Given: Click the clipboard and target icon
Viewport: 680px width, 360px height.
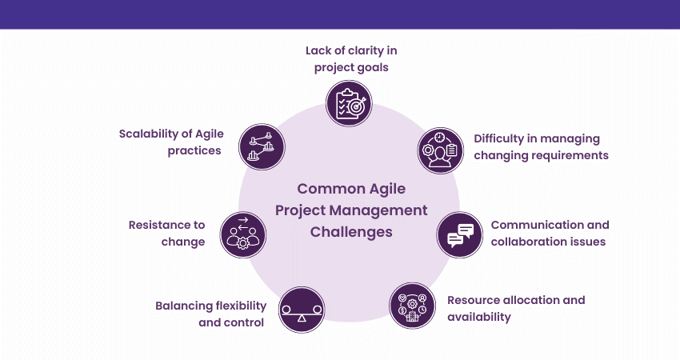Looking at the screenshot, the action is point(349,103).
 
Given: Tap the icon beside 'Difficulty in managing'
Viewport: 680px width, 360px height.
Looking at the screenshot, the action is point(441,150).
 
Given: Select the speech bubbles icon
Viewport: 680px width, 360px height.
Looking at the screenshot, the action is point(460,234).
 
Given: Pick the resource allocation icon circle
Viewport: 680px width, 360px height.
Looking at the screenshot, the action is point(413,306).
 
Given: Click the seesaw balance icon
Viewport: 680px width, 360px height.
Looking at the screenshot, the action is point(302,310).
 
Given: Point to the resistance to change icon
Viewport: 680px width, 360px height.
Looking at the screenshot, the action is point(243,234).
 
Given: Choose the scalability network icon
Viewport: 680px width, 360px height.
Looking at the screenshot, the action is point(262,146).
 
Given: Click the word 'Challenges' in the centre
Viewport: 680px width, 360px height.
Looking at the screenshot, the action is point(351,232).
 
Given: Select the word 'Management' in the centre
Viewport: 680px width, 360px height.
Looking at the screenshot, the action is point(378,210).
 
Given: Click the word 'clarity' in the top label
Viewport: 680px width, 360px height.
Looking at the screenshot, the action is point(360,51).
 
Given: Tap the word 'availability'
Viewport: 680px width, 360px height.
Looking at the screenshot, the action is point(479,317).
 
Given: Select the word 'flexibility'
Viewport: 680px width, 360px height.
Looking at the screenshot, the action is point(241,306).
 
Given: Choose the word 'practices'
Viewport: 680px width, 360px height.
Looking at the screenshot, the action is point(194,151).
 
